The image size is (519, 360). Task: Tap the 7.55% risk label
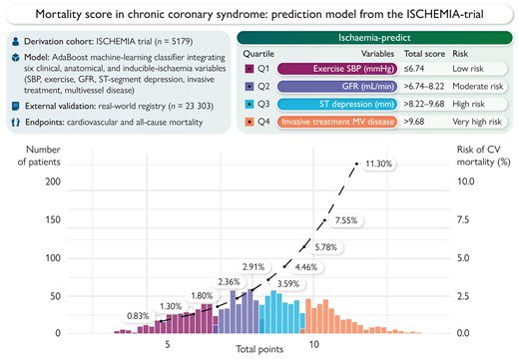point(354,220)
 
